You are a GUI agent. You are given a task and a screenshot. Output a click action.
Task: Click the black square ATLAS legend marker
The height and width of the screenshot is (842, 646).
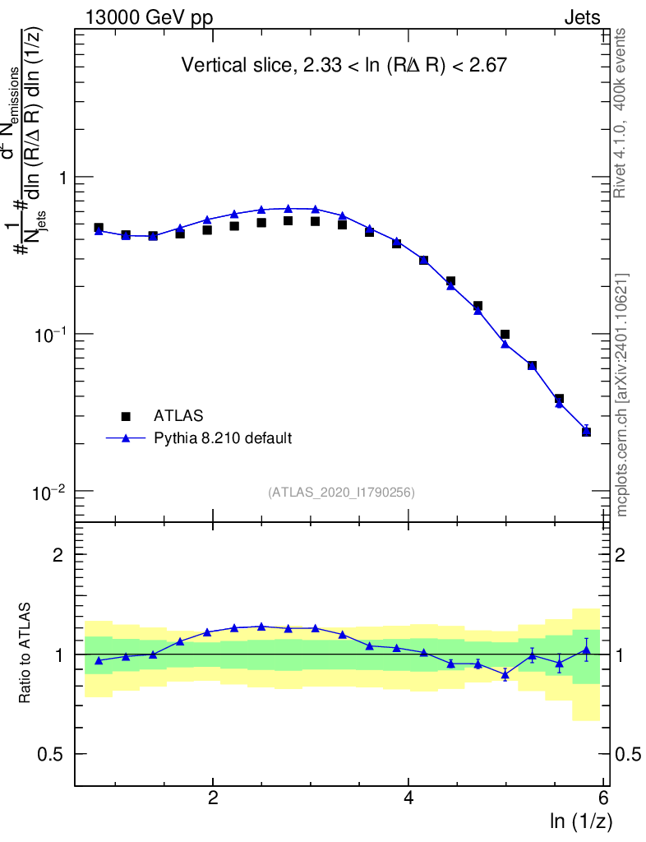(x=127, y=416)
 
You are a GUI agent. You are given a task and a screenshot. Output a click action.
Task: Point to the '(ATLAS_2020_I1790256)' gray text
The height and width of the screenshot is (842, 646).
(x=340, y=493)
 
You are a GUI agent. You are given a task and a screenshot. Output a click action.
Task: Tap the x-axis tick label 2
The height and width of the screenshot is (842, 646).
(x=213, y=798)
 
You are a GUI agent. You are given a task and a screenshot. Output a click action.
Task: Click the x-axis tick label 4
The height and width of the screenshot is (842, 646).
(x=408, y=798)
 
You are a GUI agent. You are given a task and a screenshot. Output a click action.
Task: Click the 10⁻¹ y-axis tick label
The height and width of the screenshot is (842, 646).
(x=52, y=333)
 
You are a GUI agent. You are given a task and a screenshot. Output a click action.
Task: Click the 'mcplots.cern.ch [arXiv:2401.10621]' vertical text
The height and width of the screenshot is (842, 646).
(x=622, y=395)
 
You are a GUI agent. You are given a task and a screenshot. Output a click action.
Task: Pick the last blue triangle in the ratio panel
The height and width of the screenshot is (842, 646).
(x=586, y=650)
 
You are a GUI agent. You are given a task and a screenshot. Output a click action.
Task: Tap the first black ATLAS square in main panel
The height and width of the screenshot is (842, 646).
(x=99, y=228)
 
